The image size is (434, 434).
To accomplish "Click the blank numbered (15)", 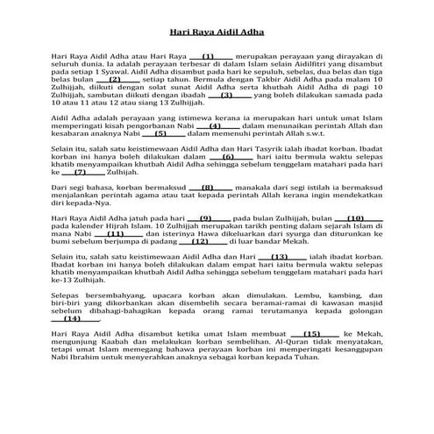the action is point(311,359).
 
